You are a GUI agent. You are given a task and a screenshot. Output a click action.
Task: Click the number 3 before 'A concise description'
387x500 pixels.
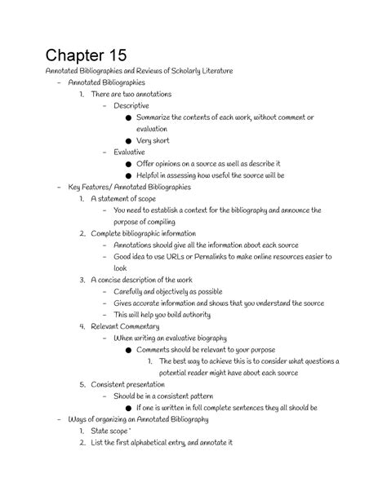coord(82,280)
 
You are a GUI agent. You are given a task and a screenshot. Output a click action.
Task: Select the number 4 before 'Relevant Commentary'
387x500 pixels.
coord(82,326)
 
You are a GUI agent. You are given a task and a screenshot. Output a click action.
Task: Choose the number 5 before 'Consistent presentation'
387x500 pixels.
coord(82,384)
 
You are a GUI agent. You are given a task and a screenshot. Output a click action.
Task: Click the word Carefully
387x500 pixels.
coord(131,291)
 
